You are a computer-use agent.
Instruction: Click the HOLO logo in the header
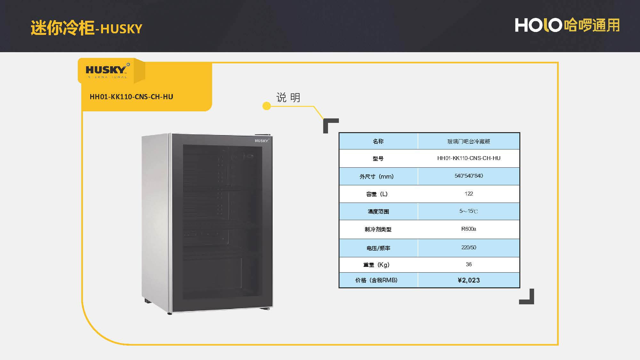pyautogui.click(x=538, y=25)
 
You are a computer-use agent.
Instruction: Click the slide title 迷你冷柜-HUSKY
pyautogui.click(x=86, y=28)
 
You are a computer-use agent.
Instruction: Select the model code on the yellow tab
pyautogui.click(x=131, y=97)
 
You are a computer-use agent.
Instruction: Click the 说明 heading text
pyautogui.click(x=288, y=97)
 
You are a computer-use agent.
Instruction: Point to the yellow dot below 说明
pyautogui.click(x=266, y=106)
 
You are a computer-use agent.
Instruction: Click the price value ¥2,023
pyautogui.click(x=468, y=280)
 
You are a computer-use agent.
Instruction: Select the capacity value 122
pyautogui.click(x=468, y=194)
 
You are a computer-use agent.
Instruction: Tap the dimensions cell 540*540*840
pyautogui.click(x=468, y=176)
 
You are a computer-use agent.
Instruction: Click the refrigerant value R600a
pyautogui.click(x=468, y=229)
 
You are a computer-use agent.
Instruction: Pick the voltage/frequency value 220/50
pyautogui.click(x=468, y=247)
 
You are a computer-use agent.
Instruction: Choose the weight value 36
pyautogui.click(x=468, y=264)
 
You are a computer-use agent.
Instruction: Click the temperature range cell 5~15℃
pyautogui.click(x=468, y=211)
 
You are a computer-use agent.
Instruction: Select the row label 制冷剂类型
pyautogui.click(x=378, y=229)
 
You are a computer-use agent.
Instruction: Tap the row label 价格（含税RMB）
pyautogui.click(x=376, y=280)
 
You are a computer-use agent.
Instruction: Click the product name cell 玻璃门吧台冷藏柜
pyautogui.click(x=468, y=141)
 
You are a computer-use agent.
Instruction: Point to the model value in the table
pyautogui.click(x=468, y=158)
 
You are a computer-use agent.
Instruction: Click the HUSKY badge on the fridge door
pyautogui.click(x=262, y=141)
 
